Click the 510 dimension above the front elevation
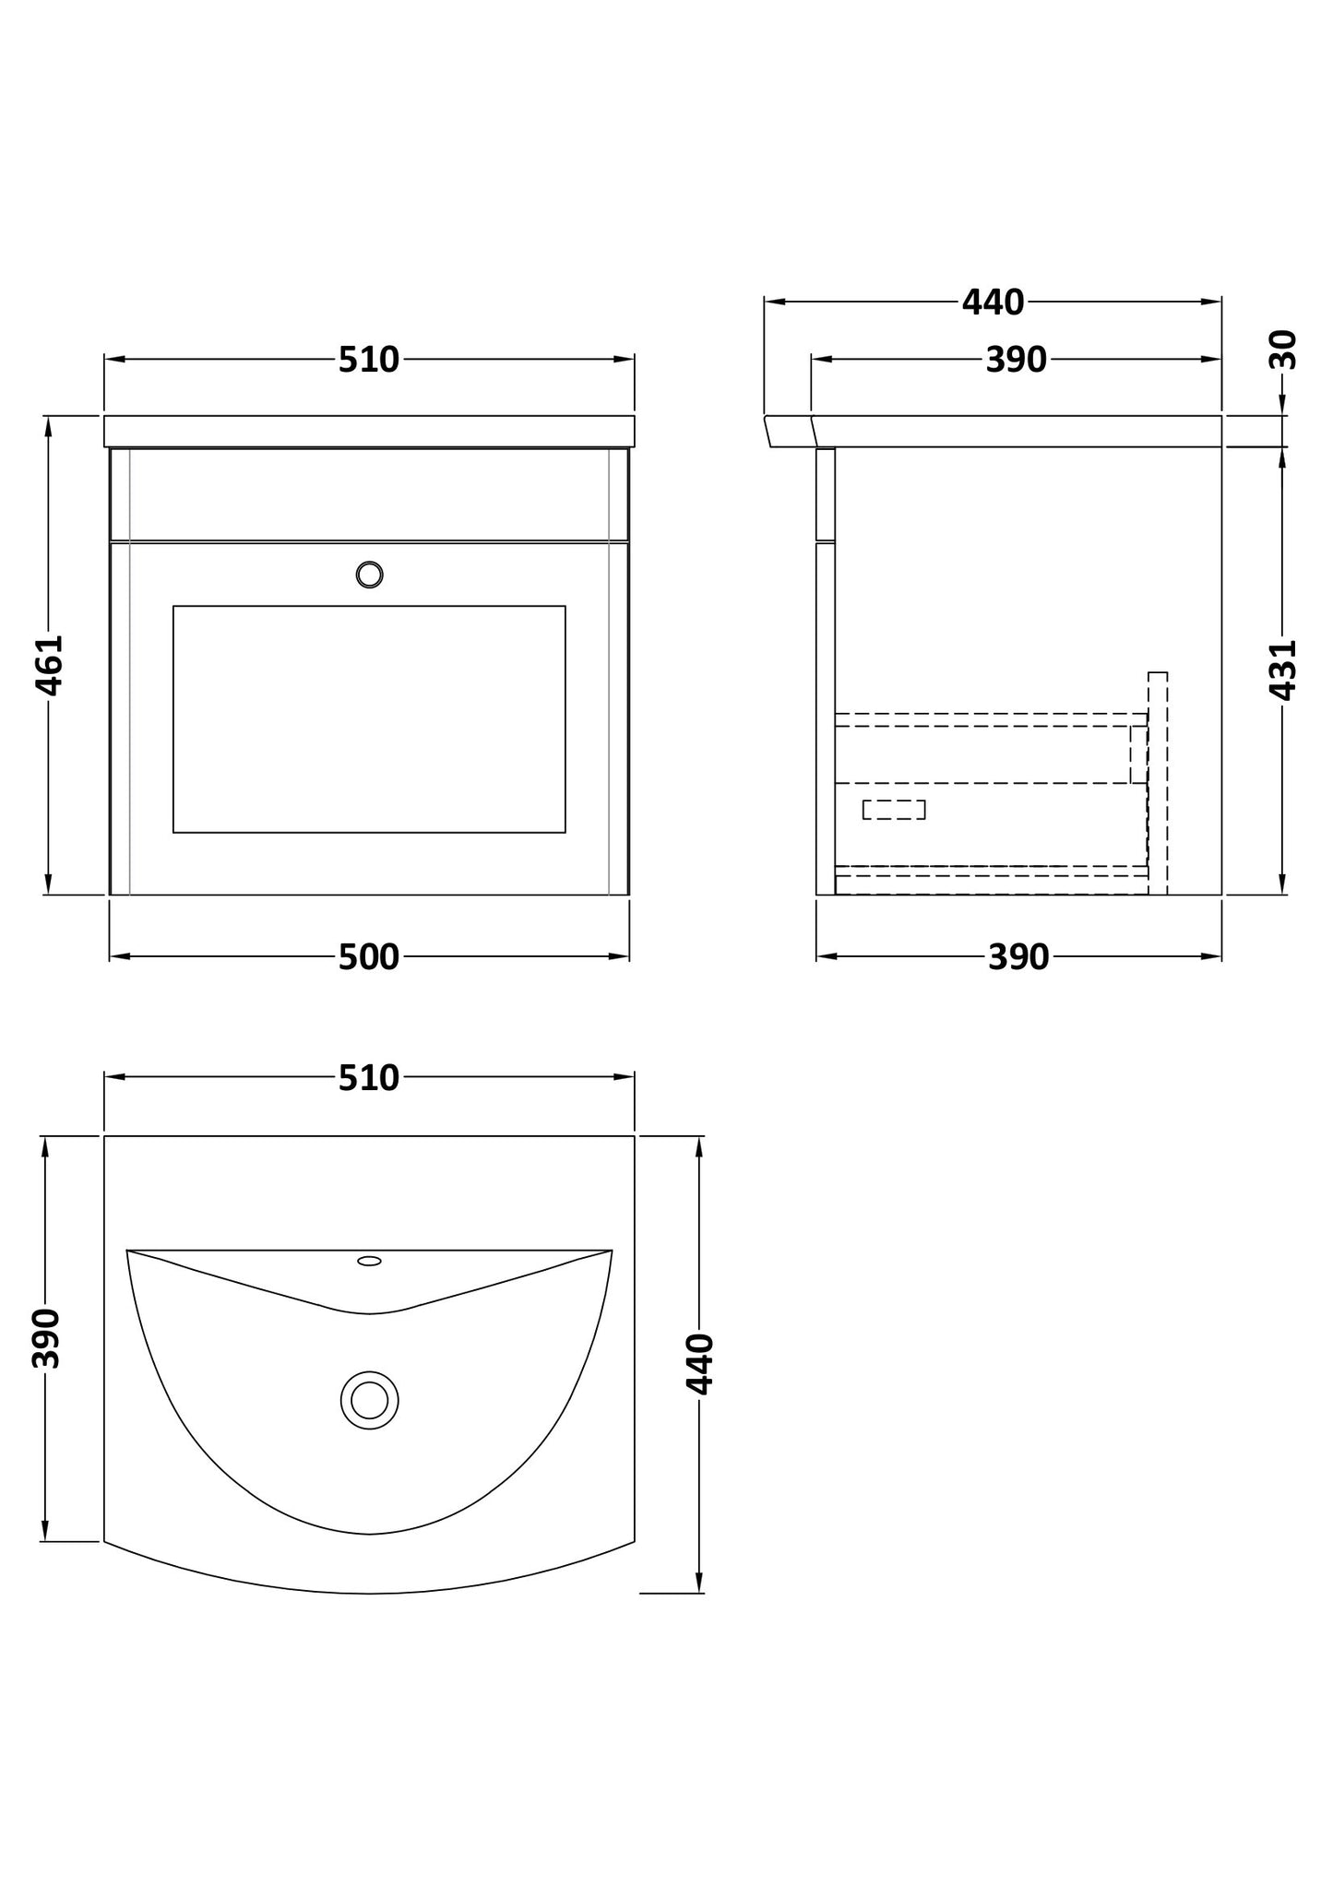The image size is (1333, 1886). pyautogui.click(x=369, y=360)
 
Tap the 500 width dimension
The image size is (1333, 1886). pyautogui.click(x=369, y=957)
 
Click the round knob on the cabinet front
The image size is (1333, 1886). pyautogui.click(x=369, y=575)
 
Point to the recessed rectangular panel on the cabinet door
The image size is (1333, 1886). pyautogui.click(x=369, y=719)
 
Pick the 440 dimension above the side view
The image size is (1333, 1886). pyautogui.click(x=993, y=302)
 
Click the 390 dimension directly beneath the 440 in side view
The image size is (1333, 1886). pyautogui.click(x=1016, y=360)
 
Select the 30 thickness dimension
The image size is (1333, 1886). pyautogui.click(x=1283, y=350)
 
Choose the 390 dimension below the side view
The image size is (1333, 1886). pyautogui.click(x=1018, y=957)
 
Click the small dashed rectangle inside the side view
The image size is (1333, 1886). pyautogui.click(x=893, y=810)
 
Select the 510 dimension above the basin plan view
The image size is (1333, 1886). pyautogui.click(x=369, y=1077)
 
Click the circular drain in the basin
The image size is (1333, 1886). pyautogui.click(x=369, y=1400)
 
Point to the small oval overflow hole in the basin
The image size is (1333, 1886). pyautogui.click(x=369, y=1261)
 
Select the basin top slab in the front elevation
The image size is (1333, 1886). pyautogui.click(x=369, y=432)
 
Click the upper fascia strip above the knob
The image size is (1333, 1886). pyautogui.click(x=369, y=493)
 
